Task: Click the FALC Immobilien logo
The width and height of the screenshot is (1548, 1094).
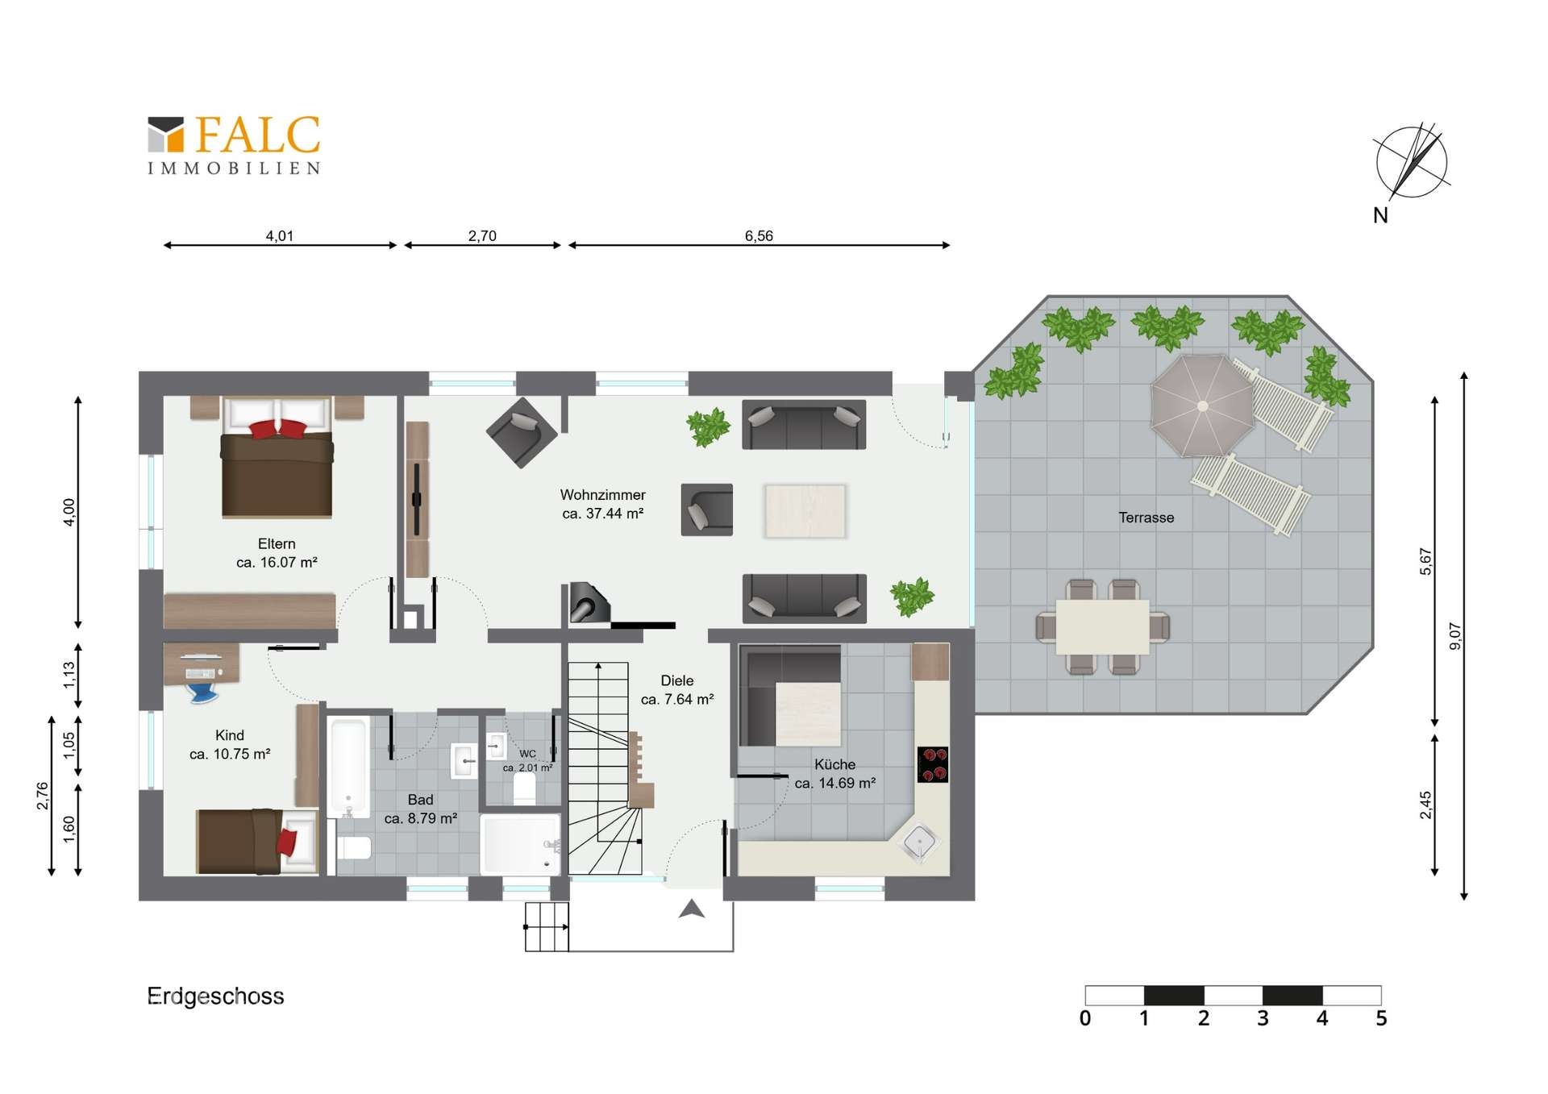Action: (234, 145)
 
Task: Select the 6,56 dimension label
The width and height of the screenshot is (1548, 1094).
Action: (759, 235)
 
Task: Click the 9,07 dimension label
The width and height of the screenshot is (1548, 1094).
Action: (1454, 636)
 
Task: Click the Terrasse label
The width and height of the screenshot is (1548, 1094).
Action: (1146, 518)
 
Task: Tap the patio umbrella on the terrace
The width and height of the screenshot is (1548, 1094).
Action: (1202, 406)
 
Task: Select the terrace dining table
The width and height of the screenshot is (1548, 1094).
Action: (1103, 626)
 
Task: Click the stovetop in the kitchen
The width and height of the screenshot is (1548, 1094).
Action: (933, 764)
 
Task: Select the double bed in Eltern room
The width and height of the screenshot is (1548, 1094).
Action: (277, 456)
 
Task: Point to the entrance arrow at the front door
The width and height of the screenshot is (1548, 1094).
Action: (692, 909)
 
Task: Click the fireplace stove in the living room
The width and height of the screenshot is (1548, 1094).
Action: (589, 602)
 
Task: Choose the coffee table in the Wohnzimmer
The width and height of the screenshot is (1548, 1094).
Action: (805, 510)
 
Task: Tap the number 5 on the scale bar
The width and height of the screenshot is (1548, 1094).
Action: (1381, 1018)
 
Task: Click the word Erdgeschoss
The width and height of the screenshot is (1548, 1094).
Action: (215, 996)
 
